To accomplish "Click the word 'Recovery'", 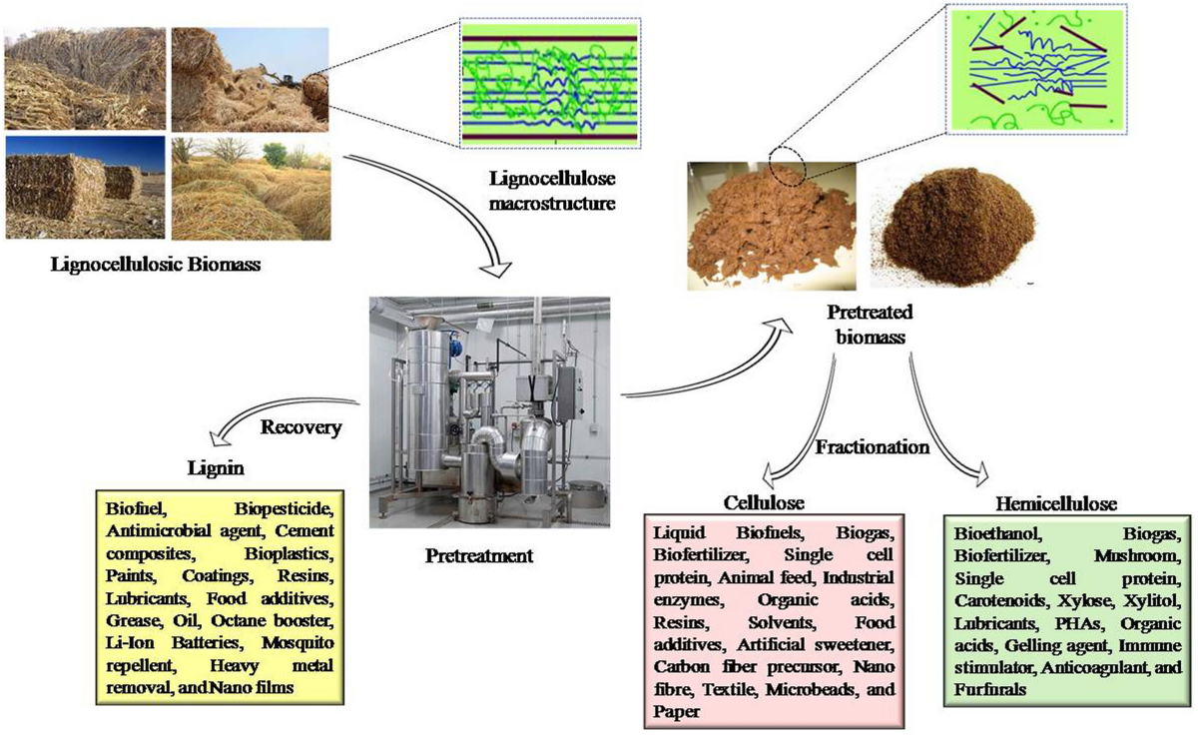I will coord(300,427).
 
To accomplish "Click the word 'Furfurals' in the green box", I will coord(992,688).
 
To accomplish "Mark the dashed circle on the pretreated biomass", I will coord(790,162).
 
